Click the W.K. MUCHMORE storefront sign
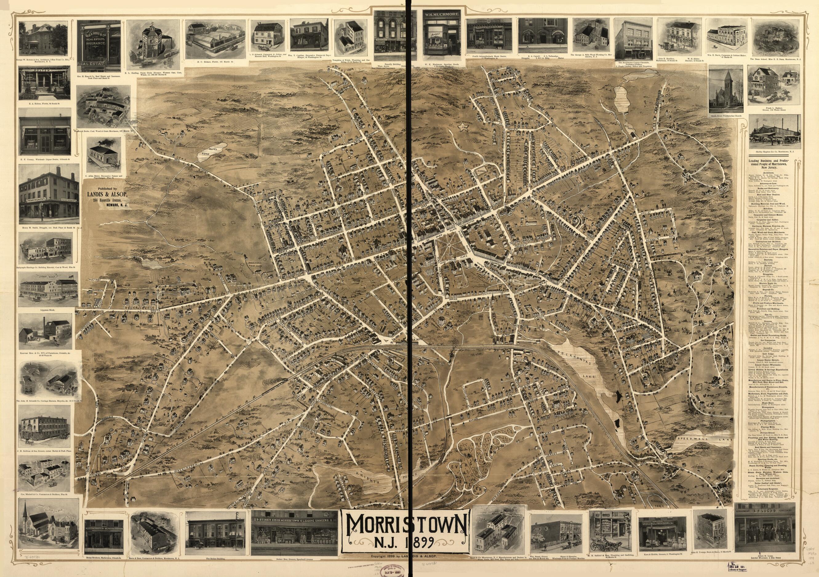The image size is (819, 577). coord(441,15)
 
